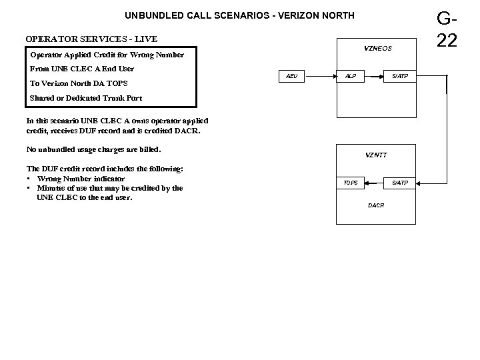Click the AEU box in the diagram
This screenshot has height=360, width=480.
pos(291,77)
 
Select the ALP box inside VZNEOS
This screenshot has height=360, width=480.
pos(350,77)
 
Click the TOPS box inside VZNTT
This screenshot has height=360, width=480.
pos(350,182)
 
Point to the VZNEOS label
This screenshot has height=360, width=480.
pos(378,48)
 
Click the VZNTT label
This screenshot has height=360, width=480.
pos(376,155)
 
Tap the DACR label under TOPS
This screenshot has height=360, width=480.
pos(376,205)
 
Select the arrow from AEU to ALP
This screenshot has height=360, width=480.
pos(320,77)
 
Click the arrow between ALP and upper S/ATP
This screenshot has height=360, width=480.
pos(375,77)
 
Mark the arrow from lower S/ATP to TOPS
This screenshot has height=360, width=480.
pos(375,182)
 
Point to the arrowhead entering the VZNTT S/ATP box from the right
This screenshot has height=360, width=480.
pos(421,182)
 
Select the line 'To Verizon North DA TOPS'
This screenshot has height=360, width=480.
pos(79,83)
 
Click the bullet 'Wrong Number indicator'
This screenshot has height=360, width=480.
pos(81,179)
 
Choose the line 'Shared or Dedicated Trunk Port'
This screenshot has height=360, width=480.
pos(86,99)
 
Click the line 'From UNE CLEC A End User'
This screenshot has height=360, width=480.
pos(82,69)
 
